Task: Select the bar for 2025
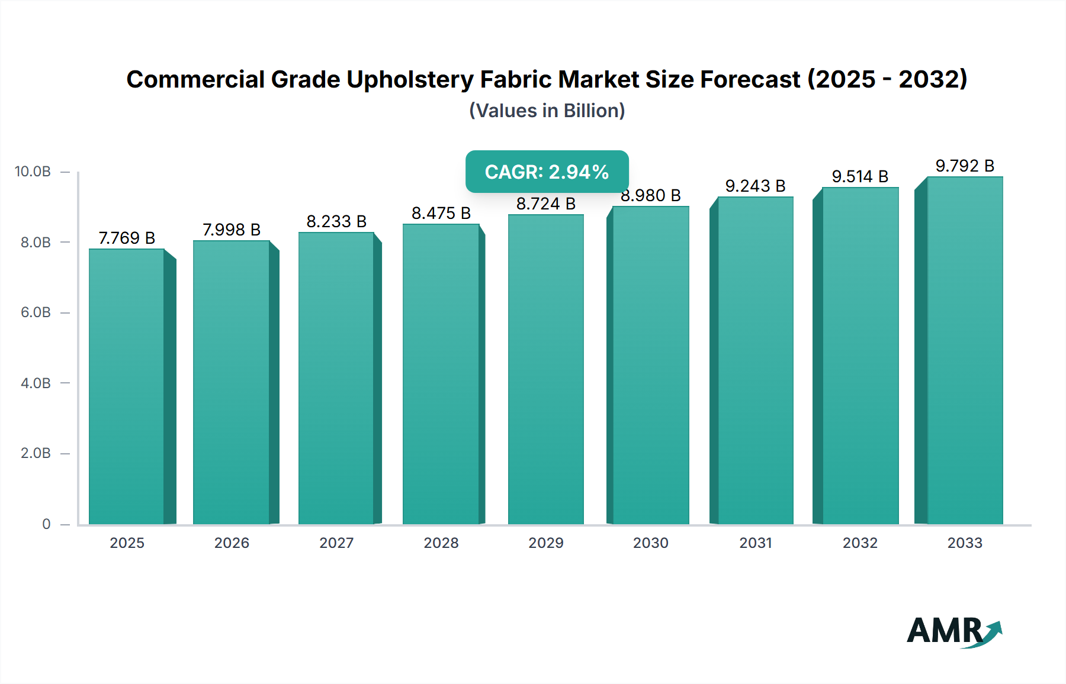[127, 386]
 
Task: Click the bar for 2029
[545, 369]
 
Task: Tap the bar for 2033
[965, 350]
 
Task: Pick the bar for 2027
[336, 378]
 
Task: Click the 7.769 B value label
[127, 238]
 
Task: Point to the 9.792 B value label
[965, 166]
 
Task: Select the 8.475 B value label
[441, 213]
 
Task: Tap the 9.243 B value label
[755, 186]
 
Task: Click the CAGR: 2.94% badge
[547, 172]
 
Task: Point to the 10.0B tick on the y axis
[33, 172]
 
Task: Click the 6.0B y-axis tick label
[36, 312]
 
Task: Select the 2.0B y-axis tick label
[36, 453]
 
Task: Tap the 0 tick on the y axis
[46, 524]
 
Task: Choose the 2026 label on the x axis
[232, 543]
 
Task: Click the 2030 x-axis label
[650, 543]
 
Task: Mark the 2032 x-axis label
[860, 543]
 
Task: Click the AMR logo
[953, 631]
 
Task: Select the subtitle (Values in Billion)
[547, 111]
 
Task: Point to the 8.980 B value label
[651, 196]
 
